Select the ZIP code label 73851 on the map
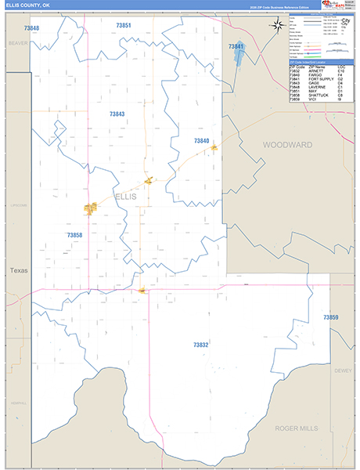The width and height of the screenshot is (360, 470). [x=123, y=26]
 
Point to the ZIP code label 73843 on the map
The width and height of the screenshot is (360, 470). [x=117, y=114]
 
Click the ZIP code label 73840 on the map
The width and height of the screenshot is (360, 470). [x=201, y=140]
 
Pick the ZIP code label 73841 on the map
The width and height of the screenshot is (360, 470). [x=236, y=47]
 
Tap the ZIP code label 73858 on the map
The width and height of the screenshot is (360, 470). [x=74, y=235]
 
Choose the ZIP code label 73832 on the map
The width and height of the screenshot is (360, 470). [x=200, y=345]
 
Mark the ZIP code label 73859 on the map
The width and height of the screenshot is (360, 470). [x=330, y=317]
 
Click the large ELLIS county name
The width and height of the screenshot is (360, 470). [x=125, y=197]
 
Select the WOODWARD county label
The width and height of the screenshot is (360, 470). [x=287, y=145]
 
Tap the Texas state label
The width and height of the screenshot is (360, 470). [x=18, y=270]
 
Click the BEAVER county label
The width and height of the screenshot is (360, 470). [x=17, y=44]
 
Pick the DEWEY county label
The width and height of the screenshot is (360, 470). [x=343, y=370]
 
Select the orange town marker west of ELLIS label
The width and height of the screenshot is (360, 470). [x=91, y=208]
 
